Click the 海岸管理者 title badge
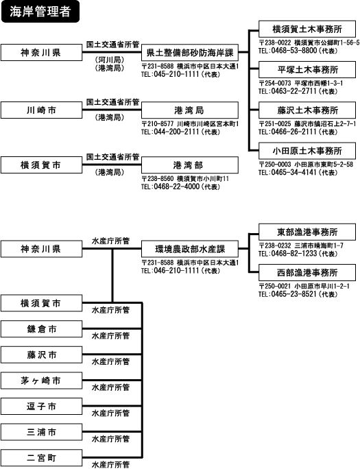40,12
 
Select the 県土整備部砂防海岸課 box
190,53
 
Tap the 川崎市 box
41,110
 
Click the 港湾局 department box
190,110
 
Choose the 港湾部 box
190,165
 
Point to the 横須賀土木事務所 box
307,29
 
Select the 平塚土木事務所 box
307,70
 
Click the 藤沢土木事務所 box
307,110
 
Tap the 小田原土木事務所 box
307,151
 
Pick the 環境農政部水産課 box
190,249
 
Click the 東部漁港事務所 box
307,232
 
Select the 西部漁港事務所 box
307,272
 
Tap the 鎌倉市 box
41,329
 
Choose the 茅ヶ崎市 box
41,381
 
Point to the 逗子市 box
41,406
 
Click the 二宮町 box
41,457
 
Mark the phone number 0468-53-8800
294,50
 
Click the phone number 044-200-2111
177,132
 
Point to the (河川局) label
110,60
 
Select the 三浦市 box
41,432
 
